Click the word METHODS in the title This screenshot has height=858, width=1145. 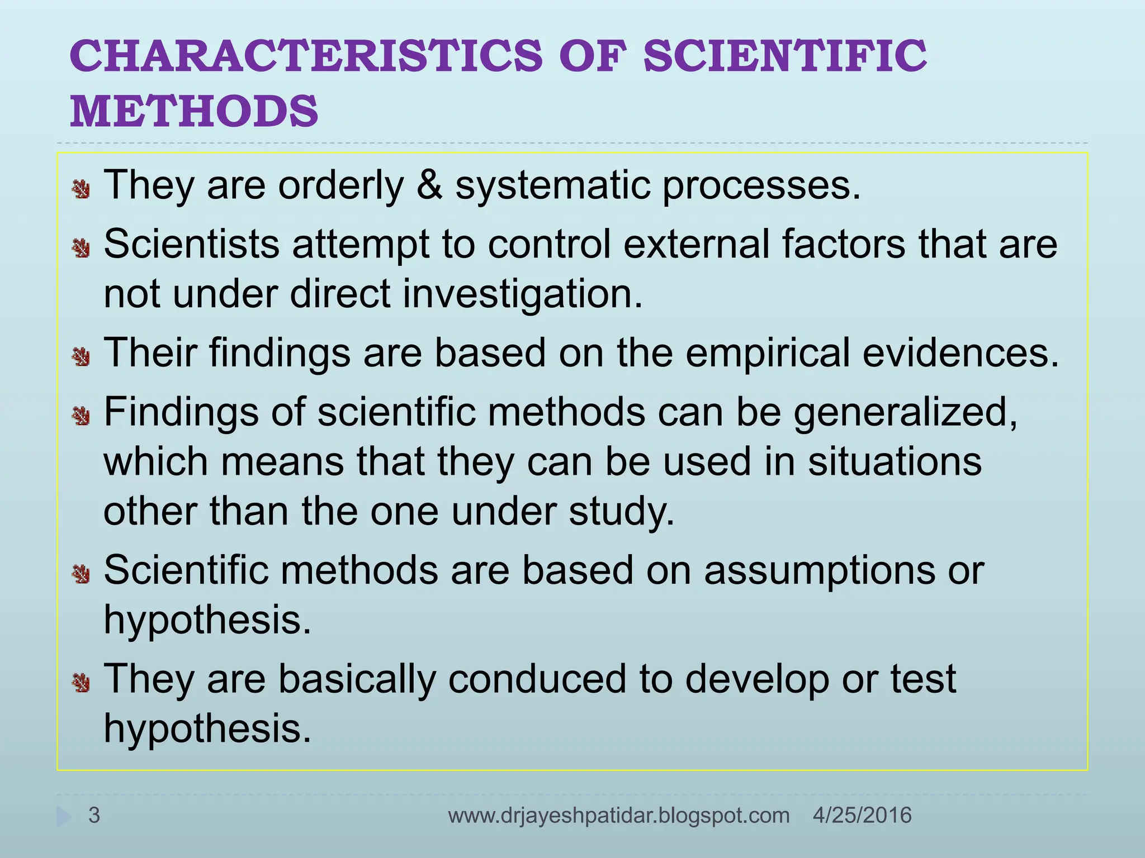[x=194, y=111]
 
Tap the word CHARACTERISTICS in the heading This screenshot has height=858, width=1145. [x=306, y=56]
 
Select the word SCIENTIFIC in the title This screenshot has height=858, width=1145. [x=785, y=56]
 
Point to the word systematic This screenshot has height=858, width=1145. [x=552, y=186]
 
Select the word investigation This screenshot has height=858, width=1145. [x=522, y=295]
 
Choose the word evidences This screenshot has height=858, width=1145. [x=961, y=353]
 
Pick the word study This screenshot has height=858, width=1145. [x=622, y=512]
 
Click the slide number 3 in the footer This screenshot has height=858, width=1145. [x=94, y=815]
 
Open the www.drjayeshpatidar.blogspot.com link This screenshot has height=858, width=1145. [x=618, y=816]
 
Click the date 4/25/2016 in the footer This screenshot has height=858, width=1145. [x=862, y=815]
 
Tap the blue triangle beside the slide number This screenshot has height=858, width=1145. [x=64, y=816]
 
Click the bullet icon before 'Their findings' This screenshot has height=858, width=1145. [x=82, y=356]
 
